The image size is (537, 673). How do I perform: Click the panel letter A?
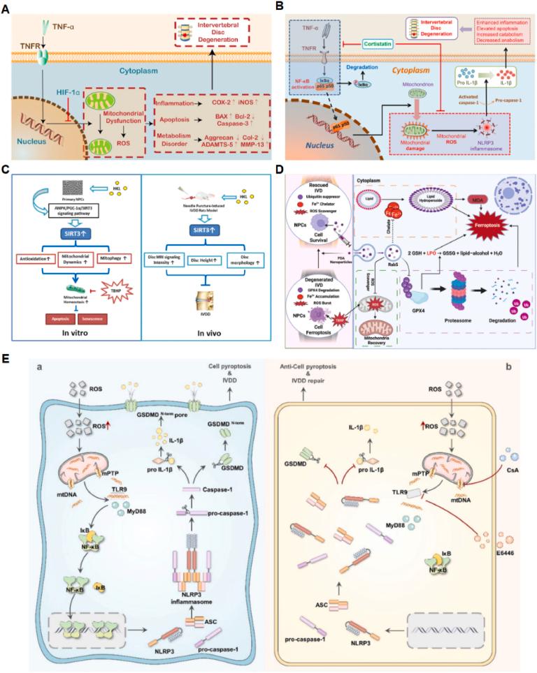(x=6, y=7)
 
